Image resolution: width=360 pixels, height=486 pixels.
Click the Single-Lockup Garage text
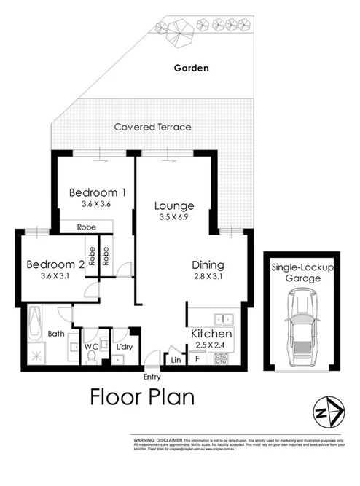click(302, 273)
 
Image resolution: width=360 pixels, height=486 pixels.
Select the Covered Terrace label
click(152, 127)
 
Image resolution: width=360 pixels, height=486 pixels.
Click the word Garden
click(191, 68)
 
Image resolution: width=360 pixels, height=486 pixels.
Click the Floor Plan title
click(142, 399)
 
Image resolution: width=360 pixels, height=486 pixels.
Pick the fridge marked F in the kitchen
click(197, 359)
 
